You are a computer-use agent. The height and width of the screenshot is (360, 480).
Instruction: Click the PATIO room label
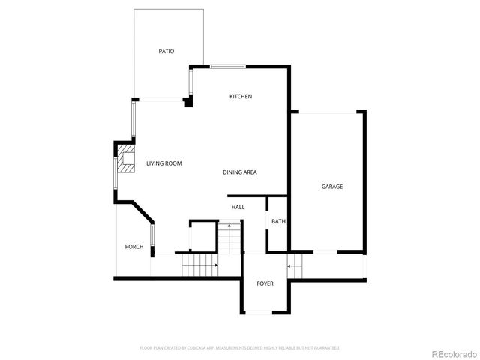point(166,52)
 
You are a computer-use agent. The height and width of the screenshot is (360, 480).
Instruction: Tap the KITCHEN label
point(241,97)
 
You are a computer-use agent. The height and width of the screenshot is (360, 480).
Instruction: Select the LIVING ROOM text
point(163,163)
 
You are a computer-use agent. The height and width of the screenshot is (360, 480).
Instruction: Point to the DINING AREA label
point(240,172)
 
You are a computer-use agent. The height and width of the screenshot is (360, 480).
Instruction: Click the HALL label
point(238,207)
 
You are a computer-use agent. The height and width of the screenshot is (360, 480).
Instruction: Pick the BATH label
point(278,221)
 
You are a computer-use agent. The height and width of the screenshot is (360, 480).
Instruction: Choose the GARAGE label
point(332,187)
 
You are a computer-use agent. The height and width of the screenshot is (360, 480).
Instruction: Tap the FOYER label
point(265,283)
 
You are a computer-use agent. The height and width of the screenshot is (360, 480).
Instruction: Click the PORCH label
point(134,247)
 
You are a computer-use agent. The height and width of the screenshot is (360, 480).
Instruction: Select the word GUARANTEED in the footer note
point(325,348)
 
